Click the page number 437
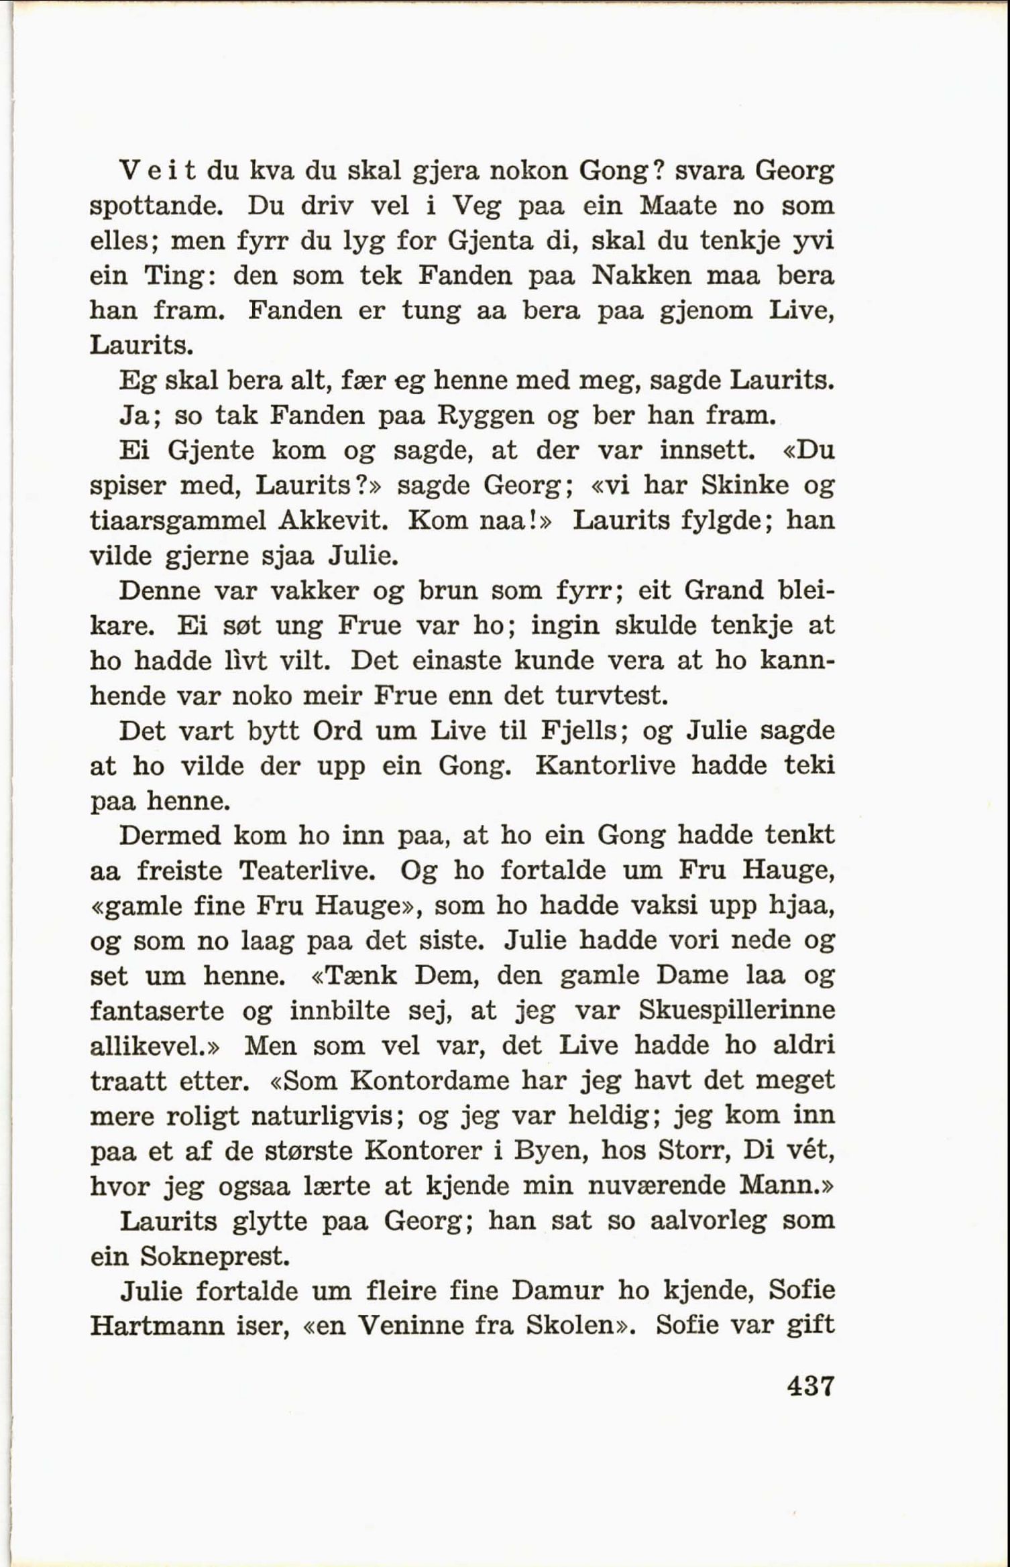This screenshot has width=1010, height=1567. click(x=810, y=1385)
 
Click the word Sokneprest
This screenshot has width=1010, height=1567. click(x=214, y=1256)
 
